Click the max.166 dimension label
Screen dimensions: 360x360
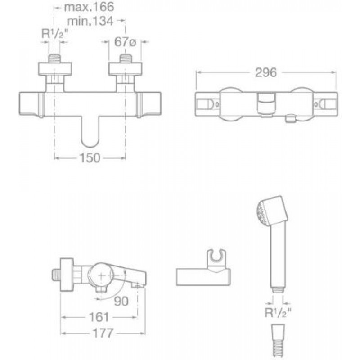[89, 7]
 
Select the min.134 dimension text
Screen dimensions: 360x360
[90, 21]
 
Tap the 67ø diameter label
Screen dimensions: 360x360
[125, 42]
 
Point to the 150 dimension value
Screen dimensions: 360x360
[90, 158]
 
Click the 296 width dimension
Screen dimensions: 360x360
[266, 72]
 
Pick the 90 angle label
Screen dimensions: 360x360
[121, 301]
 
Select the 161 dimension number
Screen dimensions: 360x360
[99, 317]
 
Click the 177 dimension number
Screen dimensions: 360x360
[103, 333]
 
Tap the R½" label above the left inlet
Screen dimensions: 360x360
[54, 35]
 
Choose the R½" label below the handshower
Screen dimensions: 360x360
[278, 312]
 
